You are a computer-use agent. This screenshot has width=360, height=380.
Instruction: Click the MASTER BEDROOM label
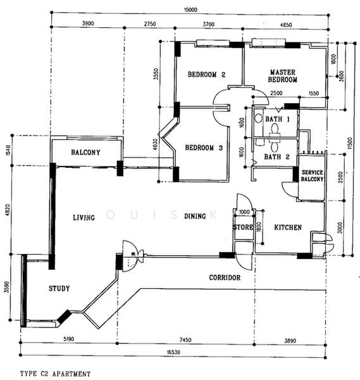click(283, 76)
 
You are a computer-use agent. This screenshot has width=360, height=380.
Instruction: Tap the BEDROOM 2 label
click(206, 74)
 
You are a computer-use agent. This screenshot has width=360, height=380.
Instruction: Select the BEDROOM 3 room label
click(204, 148)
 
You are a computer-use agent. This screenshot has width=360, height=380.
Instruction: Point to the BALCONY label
click(85, 152)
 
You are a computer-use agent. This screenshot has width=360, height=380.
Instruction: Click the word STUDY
click(59, 288)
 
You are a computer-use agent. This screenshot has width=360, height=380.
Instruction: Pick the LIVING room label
click(84, 217)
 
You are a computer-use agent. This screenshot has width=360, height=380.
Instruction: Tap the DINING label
click(195, 216)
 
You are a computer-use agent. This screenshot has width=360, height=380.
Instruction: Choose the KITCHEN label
click(288, 227)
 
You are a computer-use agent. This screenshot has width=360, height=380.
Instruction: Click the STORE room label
click(243, 227)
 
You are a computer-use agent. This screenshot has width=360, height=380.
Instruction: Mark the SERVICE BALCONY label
click(313, 175)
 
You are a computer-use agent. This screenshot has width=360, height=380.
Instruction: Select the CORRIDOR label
click(225, 277)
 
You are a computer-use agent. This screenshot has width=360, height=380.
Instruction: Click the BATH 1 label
click(278, 119)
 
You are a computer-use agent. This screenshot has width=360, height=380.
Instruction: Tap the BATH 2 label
click(276, 157)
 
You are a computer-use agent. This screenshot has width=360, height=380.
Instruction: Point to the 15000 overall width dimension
click(190, 9)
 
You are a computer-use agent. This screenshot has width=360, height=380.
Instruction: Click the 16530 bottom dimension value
click(173, 352)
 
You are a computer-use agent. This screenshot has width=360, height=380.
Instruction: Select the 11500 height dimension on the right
click(350, 144)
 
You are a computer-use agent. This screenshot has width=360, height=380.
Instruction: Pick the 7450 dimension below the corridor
click(185, 340)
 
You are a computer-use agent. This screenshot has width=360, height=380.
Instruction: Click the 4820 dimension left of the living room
click(8, 210)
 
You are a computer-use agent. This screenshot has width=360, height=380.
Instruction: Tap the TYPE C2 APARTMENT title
click(55, 374)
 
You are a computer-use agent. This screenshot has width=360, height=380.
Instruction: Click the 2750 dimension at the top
click(150, 24)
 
